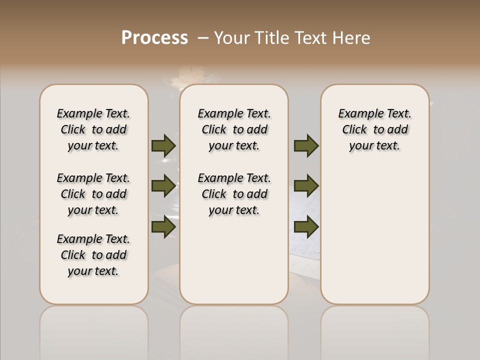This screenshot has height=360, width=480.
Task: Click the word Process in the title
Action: [154, 38]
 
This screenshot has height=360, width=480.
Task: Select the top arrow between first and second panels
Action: [163, 145]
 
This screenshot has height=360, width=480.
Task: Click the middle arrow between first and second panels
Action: [163, 186]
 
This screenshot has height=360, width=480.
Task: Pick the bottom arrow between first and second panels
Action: [163, 226]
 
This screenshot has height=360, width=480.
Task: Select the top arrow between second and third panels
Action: [306, 145]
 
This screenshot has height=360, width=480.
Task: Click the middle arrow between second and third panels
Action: [306, 186]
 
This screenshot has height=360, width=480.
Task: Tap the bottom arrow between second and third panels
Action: [306, 226]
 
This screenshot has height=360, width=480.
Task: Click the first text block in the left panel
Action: [93, 129]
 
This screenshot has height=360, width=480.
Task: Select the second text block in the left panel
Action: [93, 194]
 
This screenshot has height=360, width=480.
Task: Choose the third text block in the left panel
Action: [93, 255]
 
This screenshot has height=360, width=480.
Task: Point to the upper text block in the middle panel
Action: [234, 129]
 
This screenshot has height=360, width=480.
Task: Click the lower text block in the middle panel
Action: [234, 194]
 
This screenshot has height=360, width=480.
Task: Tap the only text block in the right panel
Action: [374, 129]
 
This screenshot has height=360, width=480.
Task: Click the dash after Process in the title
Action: [202, 38]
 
